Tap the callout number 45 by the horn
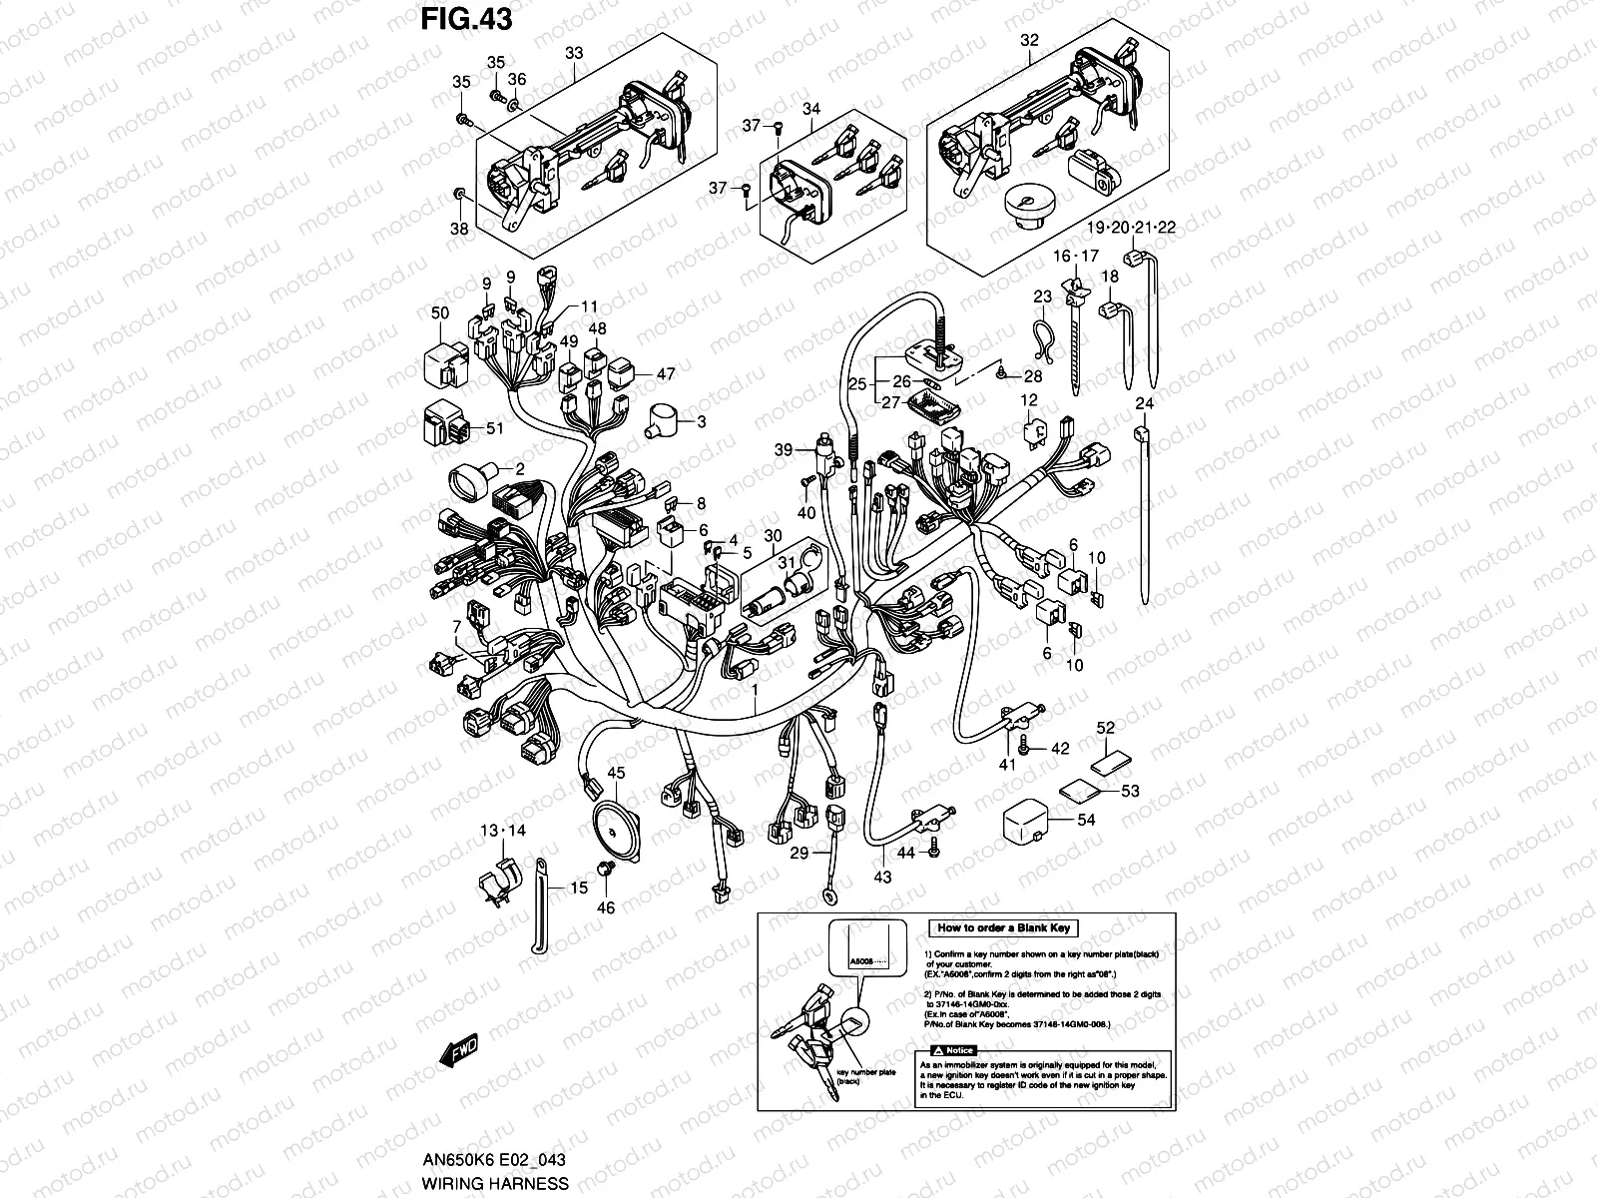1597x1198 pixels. pos(616,773)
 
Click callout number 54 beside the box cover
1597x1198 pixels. pos(1086,820)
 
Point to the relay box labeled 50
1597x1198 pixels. pos(446,366)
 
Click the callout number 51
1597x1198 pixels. pos(495,429)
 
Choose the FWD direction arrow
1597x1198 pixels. pos(458,1051)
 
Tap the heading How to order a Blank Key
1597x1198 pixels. pos(1003,927)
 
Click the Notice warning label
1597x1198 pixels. pos(952,1051)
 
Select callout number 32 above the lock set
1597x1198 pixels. pos(1029,41)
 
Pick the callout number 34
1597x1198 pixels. pos(810,108)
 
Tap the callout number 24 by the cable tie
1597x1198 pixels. pos(1144,404)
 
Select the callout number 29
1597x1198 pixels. pos(798,853)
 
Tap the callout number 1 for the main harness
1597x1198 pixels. pos(756,690)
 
